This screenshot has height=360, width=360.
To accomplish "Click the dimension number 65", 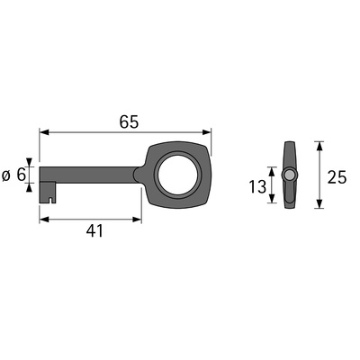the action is coord(129,122).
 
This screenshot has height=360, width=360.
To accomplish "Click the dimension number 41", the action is coord(94,231).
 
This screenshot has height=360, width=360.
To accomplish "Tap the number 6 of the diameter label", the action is coord(21,175).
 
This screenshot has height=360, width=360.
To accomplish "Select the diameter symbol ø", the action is coord(6,175).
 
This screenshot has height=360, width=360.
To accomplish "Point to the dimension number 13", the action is coord(257,186).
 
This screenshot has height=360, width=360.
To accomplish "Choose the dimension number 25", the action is coord(337,177).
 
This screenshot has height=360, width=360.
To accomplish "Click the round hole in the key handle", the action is coord(177,175).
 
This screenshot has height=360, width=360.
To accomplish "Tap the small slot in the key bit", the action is coord(51,200).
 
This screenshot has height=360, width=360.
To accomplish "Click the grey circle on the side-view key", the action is coord(290,175).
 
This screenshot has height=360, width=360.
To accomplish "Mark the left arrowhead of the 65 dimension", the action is coord(44,132).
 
